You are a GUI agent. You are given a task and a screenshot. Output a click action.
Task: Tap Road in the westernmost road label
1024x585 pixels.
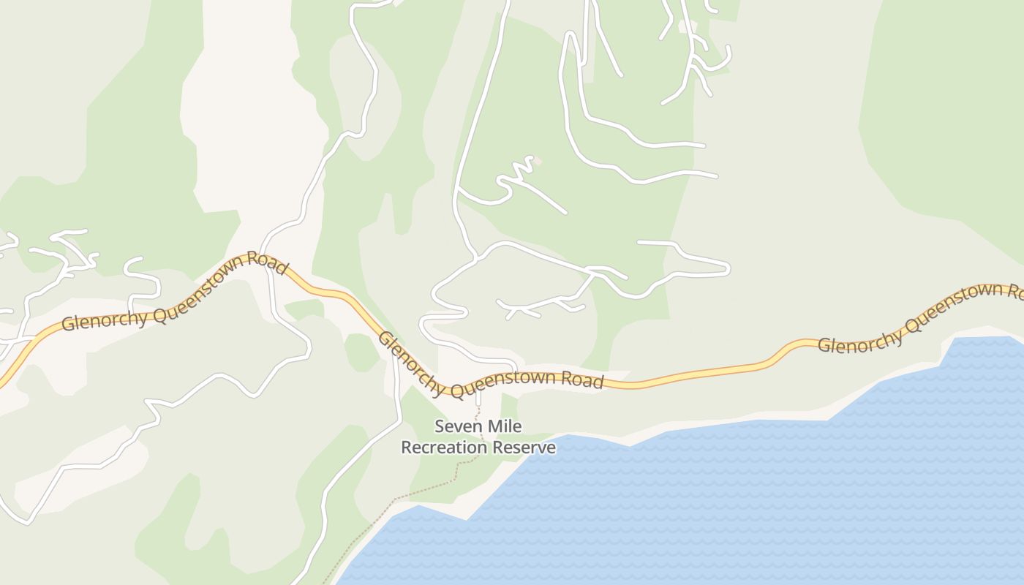click(x=267, y=263)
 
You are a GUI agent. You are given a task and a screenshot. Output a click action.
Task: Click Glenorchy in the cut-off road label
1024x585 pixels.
click(x=858, y=342)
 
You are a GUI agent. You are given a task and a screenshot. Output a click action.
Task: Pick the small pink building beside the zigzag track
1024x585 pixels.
click(x=538, y=160)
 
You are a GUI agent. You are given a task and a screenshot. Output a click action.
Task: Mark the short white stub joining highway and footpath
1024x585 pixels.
click(x=479, y=399)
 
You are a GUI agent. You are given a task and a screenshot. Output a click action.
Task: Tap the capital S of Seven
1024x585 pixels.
click(x=440, y=426)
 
